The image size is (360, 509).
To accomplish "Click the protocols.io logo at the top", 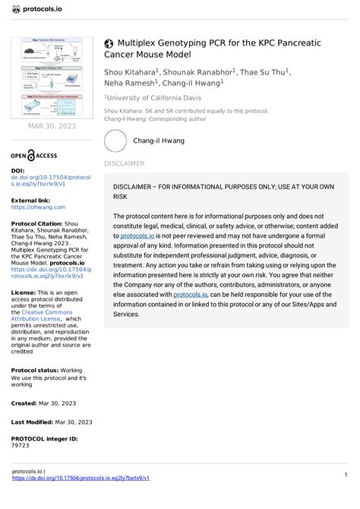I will tap(38, 9).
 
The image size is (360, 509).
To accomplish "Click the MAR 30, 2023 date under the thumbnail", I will tap(52, 125).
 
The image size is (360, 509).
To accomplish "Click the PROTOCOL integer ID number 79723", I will tap(20, 446).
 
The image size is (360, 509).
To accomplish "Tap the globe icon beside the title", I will tap(109, 44).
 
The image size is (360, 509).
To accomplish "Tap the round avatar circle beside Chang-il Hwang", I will tap(115, 141).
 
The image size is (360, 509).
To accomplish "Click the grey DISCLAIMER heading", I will tap(124, 163).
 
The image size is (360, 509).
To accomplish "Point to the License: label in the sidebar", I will tap(24, 292).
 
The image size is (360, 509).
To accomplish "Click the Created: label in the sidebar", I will tap(24, 403).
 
